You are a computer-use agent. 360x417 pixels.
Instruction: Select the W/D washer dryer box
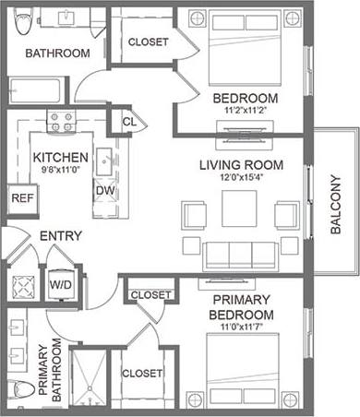tap(60, 284)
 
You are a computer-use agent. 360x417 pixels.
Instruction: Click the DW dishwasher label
tap(104, 190)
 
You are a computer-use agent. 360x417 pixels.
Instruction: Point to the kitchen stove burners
tap(62, 122)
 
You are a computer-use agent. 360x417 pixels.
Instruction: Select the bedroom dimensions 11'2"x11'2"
tap(245, 112)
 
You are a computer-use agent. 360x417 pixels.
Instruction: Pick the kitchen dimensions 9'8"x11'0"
tap(61, 171)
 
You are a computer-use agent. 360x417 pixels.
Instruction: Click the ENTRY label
tap(61, 236)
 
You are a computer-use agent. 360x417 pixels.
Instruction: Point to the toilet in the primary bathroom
tap(16, 389)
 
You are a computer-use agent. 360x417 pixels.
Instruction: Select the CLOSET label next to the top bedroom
tap(148, 42)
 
